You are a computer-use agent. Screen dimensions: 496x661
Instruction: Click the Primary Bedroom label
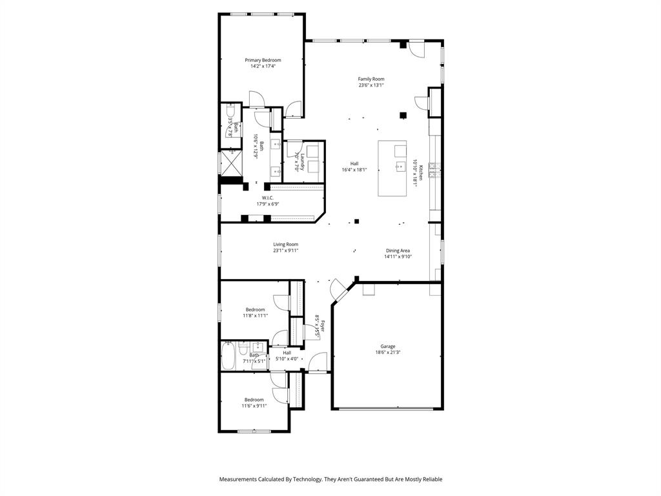263,60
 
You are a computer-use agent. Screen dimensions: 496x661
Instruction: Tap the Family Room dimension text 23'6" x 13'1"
371,85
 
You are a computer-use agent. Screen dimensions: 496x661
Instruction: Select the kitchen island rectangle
392,169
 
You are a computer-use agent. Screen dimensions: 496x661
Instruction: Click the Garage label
387,346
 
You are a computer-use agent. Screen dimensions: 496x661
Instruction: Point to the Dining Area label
398,251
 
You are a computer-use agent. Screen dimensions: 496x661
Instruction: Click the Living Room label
285,244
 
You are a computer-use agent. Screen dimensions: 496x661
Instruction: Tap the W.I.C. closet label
268,198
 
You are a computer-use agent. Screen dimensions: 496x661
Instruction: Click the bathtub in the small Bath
229,356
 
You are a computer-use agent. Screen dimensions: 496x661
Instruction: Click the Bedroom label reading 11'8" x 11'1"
255,309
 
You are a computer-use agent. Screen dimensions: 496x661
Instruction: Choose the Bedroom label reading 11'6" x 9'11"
254,400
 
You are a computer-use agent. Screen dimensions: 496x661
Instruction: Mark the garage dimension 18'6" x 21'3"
387,353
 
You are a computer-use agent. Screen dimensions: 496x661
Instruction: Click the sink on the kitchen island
400,165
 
